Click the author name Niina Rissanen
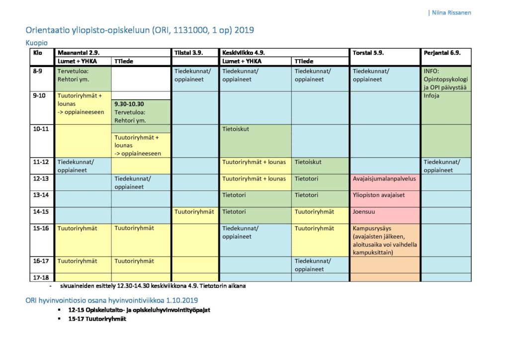[451, 13]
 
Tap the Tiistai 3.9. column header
[188, 52]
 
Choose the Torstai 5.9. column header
[368, 52]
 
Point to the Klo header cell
[38, 52]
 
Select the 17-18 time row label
[41, 277]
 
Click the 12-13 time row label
[41, 179]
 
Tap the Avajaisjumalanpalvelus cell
[383, 179]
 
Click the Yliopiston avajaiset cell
[379, 195]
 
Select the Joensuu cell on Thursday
[365, 211]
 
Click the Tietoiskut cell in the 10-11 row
[236, 129]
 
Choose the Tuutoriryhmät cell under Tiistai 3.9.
[194, 211]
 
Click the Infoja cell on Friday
[431, 96]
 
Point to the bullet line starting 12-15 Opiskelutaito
[139, 310]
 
